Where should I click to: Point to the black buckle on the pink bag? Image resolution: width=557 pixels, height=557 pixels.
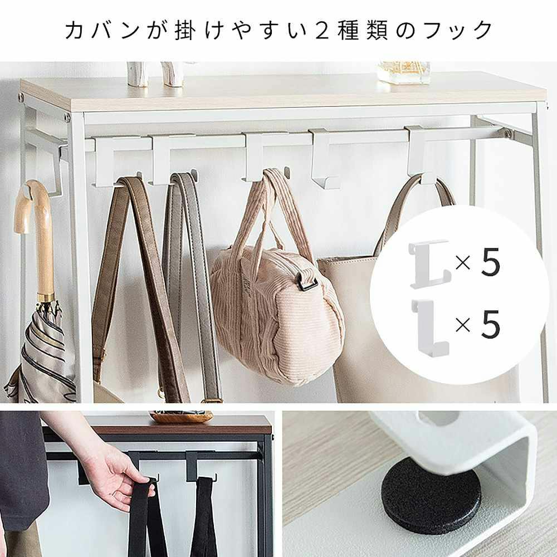(x=307, y=281)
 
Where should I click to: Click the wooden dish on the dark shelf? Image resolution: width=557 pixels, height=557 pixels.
(x=181, y=417)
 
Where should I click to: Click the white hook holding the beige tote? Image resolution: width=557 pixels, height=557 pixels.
(x=418, y=156)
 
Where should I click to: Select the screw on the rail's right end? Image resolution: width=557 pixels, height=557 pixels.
(x=508, y=134)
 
